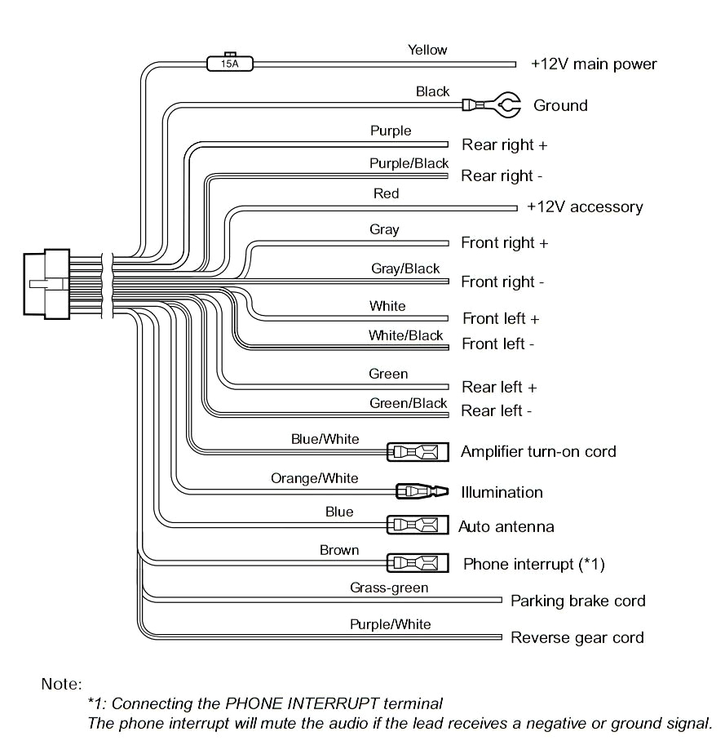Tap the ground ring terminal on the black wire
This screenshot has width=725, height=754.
click(497, 104)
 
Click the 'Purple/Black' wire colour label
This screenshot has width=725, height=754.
click(409, 163)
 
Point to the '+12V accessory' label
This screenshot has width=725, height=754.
click(585, 206)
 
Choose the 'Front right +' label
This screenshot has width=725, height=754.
click(505, 242)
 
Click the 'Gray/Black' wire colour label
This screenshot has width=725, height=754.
click(405, 268)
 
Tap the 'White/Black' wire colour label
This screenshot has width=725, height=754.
click(405, 335)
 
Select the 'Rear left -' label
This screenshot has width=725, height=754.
click(497, 410)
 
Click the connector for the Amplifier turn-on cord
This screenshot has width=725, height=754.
click(417, 451)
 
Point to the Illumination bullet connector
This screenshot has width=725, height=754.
click(422, 491)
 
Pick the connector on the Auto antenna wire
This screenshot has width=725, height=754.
click(417, 525)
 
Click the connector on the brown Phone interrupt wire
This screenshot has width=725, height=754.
click(417, 562)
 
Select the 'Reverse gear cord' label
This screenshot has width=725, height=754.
click(577, 637)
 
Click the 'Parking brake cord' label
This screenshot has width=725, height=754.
click(577, 601)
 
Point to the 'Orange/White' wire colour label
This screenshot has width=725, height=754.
click(314, 478)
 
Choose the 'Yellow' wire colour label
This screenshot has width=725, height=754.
click(427, 50)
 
